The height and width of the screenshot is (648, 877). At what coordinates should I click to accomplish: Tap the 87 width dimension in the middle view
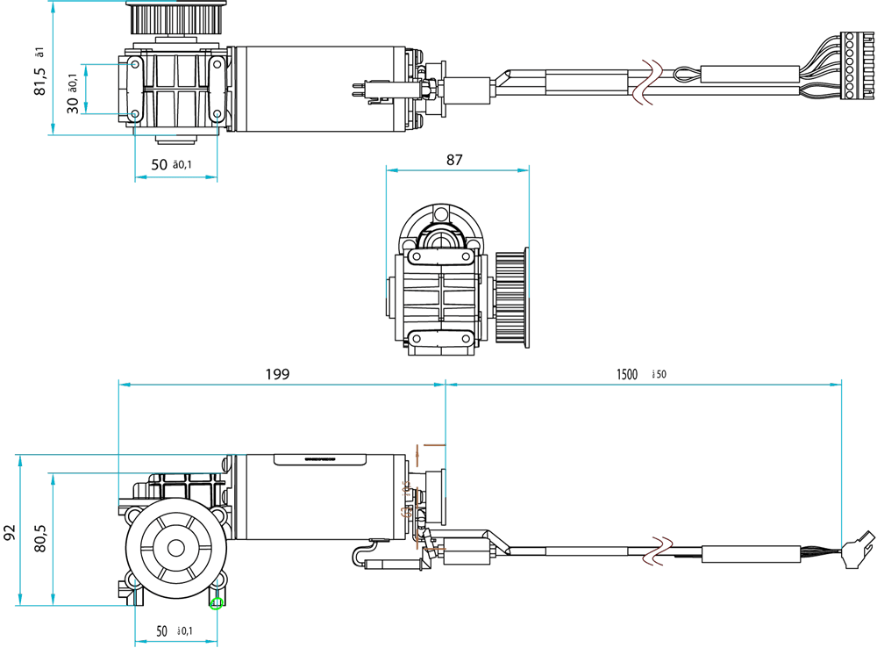click(454, 160)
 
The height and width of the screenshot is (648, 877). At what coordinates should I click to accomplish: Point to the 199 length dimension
click(277, 374)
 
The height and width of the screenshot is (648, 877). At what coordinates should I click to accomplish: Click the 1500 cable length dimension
click(626, 374)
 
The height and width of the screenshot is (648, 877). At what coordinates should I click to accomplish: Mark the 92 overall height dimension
click(10, 531)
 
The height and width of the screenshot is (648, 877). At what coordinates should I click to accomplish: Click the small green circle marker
click(217, 602)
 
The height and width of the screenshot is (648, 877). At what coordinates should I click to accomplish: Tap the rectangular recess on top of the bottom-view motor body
click(305, 458)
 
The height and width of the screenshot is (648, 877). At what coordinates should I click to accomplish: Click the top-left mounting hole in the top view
click(134, 64)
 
